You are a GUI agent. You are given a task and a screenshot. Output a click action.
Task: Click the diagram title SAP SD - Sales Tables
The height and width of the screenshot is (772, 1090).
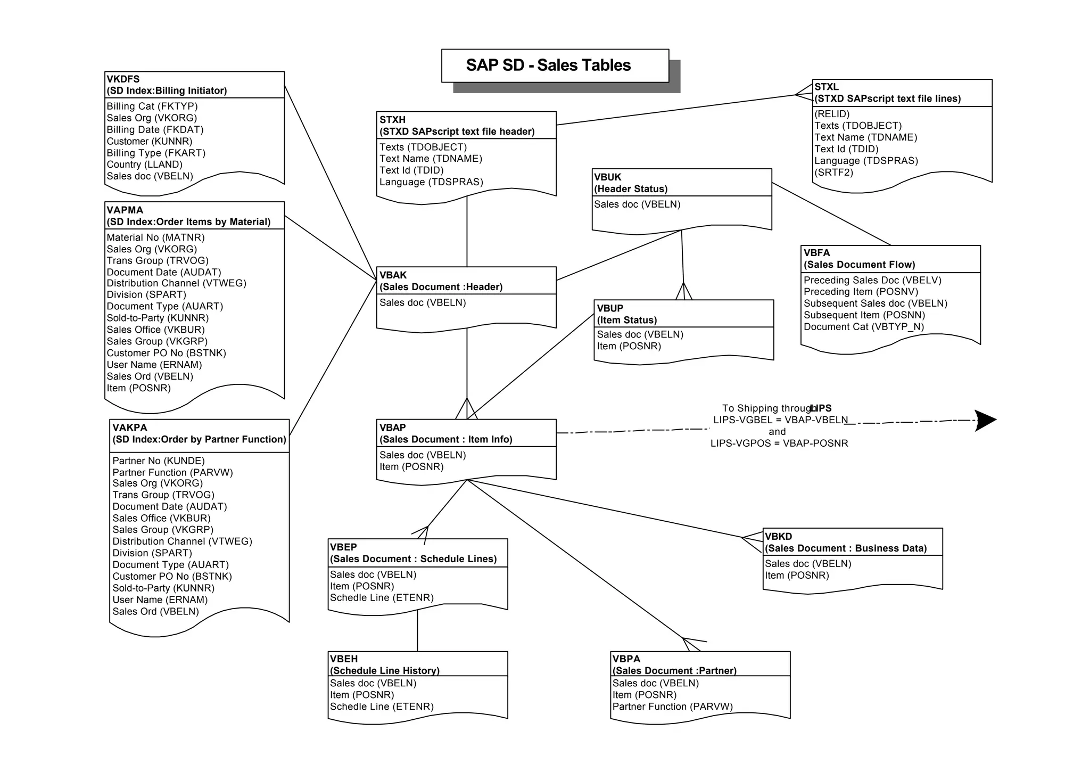pos(548,65)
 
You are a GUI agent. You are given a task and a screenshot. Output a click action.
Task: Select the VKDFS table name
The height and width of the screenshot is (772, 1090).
pos(123,79)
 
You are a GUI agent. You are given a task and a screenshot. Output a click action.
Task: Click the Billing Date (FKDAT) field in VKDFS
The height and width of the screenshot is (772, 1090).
pos(155,129)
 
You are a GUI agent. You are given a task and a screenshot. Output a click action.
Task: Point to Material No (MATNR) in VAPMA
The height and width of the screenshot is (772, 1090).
pos(155,237)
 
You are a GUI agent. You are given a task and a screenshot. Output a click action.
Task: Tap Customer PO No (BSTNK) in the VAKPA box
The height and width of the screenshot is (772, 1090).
pos(172,577)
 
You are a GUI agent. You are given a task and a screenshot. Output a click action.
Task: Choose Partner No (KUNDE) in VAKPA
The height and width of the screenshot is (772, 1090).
pos(158,461)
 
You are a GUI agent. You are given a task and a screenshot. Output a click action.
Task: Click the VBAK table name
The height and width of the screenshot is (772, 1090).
pos(393,275)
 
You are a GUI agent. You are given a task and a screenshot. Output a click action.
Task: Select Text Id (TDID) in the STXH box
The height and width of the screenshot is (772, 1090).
pos(411,170)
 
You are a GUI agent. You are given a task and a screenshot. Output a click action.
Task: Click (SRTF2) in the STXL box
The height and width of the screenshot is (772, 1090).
pos(833,173)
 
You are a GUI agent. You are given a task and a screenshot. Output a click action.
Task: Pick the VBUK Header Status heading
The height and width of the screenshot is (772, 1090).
pos(630,189)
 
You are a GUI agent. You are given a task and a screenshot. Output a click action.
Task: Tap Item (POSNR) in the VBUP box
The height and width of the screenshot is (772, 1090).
pos(629,346)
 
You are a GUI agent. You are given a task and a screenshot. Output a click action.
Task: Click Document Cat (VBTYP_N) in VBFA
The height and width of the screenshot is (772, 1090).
pos(863,327)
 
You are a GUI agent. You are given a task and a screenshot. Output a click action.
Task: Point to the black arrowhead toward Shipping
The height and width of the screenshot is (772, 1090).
pos(985,421)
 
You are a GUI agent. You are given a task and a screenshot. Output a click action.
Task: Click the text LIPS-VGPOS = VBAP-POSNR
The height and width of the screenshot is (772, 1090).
pos(779,444)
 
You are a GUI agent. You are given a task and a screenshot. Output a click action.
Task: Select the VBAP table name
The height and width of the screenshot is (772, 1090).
pos(393,428)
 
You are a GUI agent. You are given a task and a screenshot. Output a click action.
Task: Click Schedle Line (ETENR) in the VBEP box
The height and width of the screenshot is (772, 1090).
pos(382,598)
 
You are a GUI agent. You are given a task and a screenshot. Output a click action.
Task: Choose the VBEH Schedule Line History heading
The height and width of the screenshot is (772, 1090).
pos(384,671)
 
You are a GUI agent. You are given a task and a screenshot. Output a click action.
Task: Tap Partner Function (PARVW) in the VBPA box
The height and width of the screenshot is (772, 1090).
pos(672,707)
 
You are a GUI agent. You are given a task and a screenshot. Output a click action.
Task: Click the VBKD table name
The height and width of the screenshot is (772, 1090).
pos(778,537)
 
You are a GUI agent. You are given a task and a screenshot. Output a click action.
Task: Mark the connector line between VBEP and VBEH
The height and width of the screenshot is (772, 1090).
pos(417,631)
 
